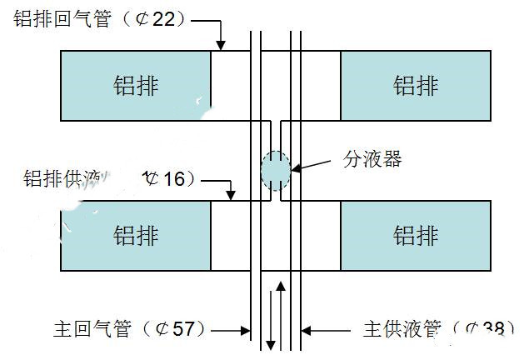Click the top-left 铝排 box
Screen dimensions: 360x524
[135, 85]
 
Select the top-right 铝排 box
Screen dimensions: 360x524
[415, 85]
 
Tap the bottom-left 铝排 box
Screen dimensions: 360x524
[135, 235]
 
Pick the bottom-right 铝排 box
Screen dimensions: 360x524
[415, 235]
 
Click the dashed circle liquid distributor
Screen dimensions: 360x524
[275, 169]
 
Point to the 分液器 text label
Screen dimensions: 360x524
[372, 159]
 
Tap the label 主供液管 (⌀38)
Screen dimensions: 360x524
[433, 329]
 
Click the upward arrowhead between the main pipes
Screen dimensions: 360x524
[282, 287]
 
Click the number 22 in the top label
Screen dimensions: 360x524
[163, 19]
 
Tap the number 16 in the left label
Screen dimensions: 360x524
[172, 177]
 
